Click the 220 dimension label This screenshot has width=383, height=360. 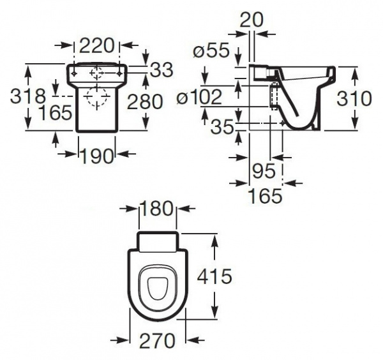(x=97, y=45)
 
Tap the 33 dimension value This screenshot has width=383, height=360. (x=161, y=70)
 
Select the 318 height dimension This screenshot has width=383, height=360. (x=28, y=96)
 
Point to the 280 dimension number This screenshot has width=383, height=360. (x=145, y=101)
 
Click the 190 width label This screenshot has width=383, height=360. (x=97, y=156)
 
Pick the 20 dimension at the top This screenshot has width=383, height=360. (x=252, y=20)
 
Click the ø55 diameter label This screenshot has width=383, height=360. (x=211, y=50)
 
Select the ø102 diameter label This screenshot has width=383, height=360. (x=200, y=97)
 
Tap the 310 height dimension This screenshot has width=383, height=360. (x=354, y=98)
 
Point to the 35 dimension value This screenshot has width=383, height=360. (x=222, y=127)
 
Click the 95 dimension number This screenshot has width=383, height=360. (x=264, y=170)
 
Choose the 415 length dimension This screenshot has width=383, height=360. (x=214, y=276)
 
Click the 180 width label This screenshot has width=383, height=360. (x=156, y=208)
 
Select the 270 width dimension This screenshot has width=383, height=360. (x=157, y=340)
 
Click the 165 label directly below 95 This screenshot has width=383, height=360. (x=265, y=195)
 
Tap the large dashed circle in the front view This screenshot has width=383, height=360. (x=97, y=97)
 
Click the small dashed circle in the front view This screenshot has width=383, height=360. (x=97, y=73)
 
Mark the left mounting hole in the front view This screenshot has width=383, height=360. (x=74, y=73)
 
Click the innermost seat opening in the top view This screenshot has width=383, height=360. (x=158, y=289)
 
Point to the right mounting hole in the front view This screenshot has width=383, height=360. (x=119, y=73)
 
